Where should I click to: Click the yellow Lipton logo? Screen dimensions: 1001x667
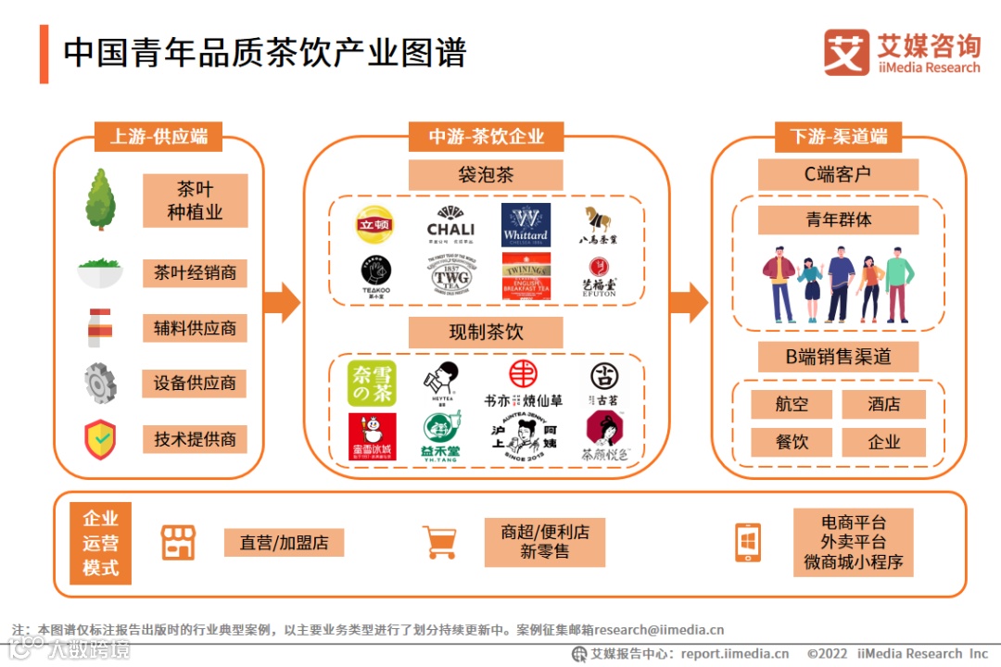click(x=374, y=225)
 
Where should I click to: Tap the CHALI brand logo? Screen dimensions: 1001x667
click(x=450, y=223)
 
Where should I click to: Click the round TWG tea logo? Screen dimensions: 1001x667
click(x=450, y=275)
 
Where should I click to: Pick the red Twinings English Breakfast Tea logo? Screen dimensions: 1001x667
click(x=526, y=275)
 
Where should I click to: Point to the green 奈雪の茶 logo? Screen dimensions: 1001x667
click(x=371, y=384)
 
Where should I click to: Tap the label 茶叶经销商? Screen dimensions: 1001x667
click(x=195, y=273)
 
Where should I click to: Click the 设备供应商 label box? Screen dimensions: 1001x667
click(x=195, y=383)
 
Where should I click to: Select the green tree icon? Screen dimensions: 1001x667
click(x=100, y=200)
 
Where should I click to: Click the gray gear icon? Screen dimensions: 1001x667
click(x=99, y=383)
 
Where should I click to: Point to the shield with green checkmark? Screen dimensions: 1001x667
click(x=99, y=438)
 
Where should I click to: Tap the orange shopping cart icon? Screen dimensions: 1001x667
click(x=439, y=542)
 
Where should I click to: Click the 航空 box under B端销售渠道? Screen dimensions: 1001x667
click(x=792, y=405)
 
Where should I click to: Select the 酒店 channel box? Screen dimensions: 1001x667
click(x=883, y=405)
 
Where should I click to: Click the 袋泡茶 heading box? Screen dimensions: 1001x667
click(x=486, y=175)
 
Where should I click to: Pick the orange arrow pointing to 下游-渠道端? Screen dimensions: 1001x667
click(x=689, y=302)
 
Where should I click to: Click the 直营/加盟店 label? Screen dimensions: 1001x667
click(x=285, y=542)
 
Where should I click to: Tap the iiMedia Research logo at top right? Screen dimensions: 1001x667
click(x=901, y=53)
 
